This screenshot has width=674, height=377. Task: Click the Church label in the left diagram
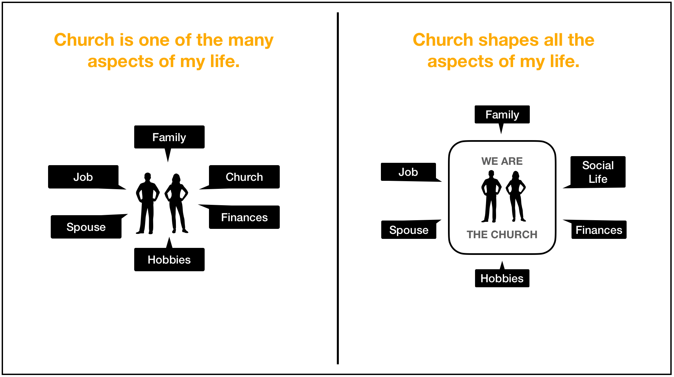[244, 177]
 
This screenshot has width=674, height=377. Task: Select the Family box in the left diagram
[169, 137]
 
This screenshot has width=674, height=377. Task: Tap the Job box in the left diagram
[83, 177]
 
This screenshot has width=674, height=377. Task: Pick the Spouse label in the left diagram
[86, 227]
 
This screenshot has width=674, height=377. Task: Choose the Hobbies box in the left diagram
[169, 260]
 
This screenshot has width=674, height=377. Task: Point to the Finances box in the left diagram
[244, 218]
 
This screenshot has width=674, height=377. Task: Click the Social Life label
[598, 172]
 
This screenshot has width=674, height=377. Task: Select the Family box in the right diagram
[502, 115]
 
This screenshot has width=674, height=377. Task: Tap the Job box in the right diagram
[408, 172]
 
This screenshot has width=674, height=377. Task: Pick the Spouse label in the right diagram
[409, 230]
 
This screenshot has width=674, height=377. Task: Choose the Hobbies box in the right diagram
[502, 278]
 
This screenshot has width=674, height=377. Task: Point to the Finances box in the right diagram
[599, 230]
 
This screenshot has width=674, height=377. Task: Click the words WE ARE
[502, 161]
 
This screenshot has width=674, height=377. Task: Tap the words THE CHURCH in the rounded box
[502, 235]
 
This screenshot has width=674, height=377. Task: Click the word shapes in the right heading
[509, 40]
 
